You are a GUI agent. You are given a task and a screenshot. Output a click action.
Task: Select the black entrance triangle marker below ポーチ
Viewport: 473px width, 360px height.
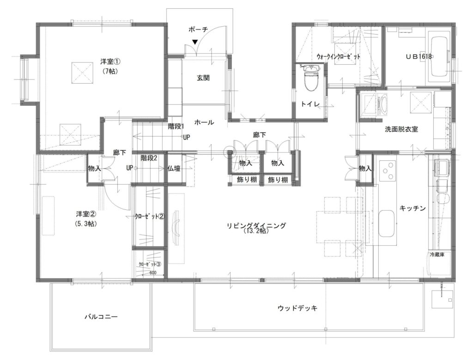pos(195,41)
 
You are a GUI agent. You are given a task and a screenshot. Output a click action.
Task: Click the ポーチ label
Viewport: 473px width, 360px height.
pos(198,30)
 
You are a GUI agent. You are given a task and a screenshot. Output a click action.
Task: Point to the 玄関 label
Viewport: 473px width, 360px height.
pos(203,78)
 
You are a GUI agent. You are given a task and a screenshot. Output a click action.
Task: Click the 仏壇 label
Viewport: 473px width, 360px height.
pos(174,168)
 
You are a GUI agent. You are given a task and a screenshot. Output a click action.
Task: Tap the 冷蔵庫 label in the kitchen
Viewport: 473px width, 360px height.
pos(437,255)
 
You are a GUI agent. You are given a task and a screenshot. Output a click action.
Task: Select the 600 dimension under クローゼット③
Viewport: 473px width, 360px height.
pos(153,272)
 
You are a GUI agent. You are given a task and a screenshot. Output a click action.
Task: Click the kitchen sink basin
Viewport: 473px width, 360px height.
pos(386,224)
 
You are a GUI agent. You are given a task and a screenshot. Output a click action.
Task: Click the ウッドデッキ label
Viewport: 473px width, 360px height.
pos(297,308)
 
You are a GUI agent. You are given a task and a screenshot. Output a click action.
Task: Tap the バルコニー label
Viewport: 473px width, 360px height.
pos(101,317)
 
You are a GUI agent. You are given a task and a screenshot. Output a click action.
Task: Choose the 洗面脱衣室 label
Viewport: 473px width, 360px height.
pos(401,129)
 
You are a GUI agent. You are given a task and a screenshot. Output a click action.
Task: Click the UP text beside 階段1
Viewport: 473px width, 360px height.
pos(187,137)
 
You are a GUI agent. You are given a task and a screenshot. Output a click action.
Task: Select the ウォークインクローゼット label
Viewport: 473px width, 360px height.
pos(339,56)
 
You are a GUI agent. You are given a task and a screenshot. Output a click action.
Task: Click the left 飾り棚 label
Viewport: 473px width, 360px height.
pos(247,180)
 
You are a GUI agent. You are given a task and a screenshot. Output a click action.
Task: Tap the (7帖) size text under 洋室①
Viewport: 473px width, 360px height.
pos(110,71)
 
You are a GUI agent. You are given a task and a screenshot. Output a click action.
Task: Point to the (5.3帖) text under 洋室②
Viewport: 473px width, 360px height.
pos(86,224)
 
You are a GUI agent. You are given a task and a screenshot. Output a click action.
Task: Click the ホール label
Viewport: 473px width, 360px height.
pos(204,122)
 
